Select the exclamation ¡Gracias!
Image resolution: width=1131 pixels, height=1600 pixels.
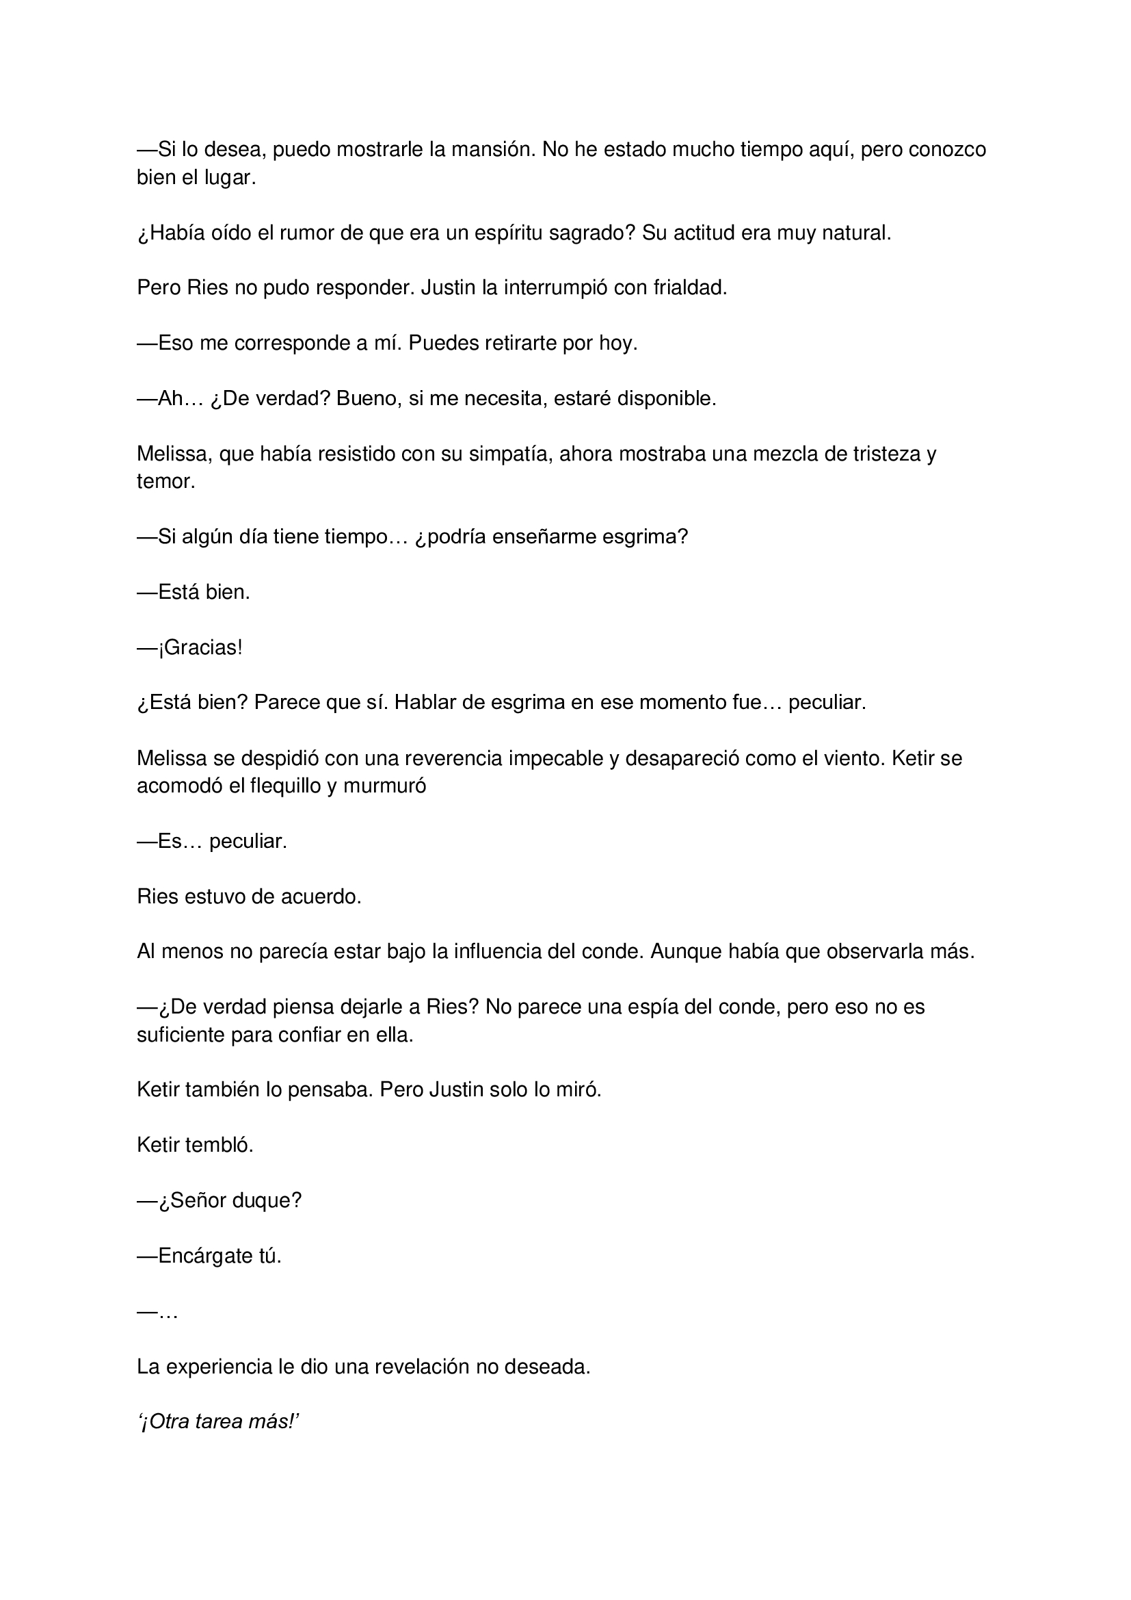coord(200,648)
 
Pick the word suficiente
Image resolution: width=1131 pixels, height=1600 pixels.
coord(181,1035)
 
